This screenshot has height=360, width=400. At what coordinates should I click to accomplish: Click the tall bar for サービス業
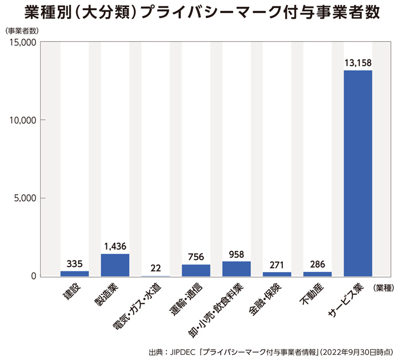pos(358,173)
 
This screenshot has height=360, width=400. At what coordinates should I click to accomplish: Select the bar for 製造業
pos(115,265)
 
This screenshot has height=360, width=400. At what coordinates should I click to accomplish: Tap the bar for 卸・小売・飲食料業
pos(237,269)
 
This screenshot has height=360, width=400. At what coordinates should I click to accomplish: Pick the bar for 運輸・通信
pos(196,270)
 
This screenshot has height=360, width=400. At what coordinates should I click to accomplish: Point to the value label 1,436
pos(115,246)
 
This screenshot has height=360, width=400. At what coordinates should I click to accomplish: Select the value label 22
pos(155,267)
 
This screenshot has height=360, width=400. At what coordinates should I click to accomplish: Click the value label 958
pos(237,253)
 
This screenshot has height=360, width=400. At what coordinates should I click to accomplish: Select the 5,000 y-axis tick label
pos(25,198)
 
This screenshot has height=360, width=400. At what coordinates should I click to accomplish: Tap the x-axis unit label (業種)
pos(383,287)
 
